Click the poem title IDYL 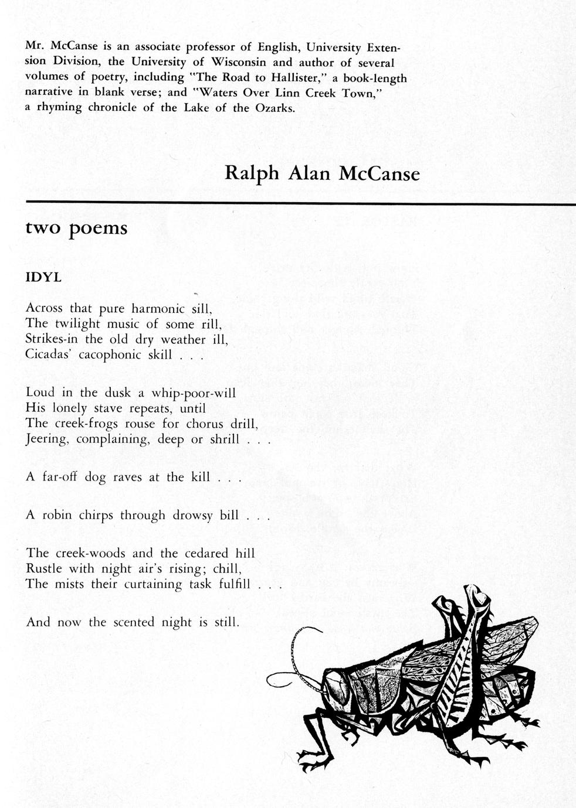[43, 278]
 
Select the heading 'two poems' [76, 227]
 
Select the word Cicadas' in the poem [46, 354]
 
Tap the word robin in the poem [57, 515]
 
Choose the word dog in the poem [95, 477]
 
